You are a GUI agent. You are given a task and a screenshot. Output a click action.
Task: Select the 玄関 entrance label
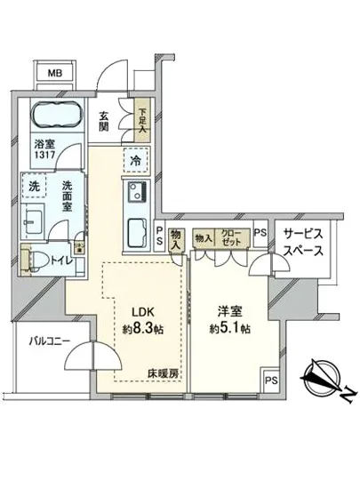tap(104, 119)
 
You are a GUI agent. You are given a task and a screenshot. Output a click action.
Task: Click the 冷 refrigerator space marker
tap(136, 162)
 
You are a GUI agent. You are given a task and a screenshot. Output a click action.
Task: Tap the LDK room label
tap(144, 312)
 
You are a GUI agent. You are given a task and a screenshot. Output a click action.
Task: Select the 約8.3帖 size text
tap(144, 328)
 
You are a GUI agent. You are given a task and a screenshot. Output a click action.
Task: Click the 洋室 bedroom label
tap(230, 312)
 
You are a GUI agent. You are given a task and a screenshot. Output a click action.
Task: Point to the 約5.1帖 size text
tap(230, 328)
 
